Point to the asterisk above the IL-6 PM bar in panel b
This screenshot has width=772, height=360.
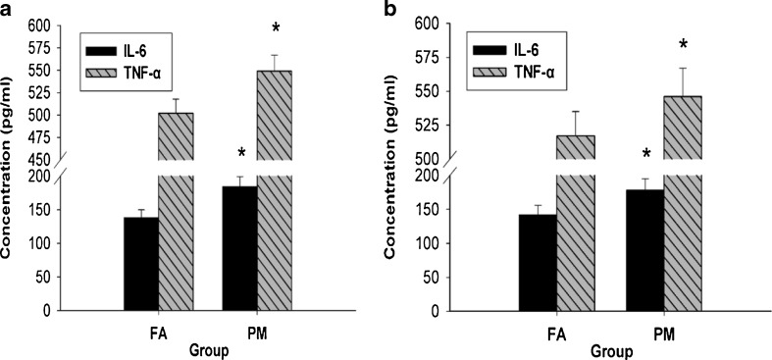click(x=645, y=155)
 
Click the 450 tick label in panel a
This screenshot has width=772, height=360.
click(x=41, y=159)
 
